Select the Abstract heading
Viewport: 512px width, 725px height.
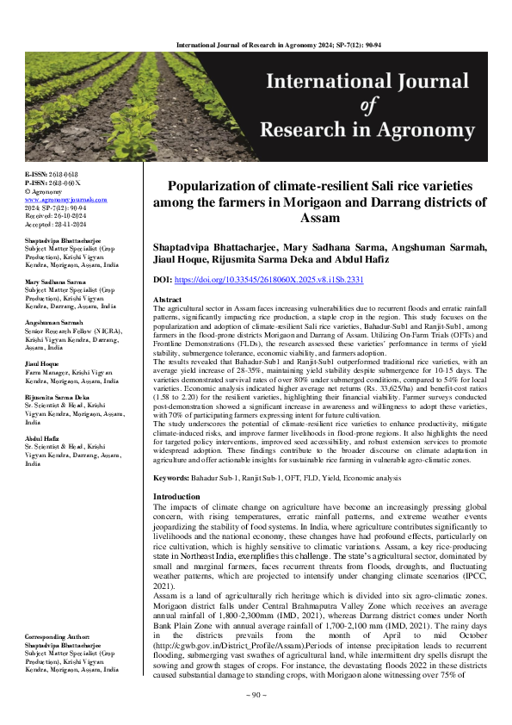coord(167,299)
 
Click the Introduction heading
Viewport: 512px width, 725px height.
coord(176,497)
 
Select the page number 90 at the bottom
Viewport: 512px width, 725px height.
coord(256,718)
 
